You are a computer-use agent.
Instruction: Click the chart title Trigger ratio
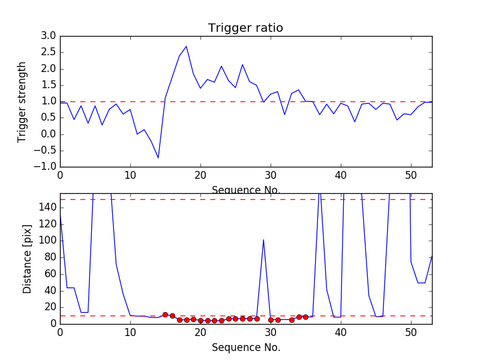point(245,28)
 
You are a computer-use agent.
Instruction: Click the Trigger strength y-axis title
point(22,101)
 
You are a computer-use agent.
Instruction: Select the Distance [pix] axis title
point(28,259)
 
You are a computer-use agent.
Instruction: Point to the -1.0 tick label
point(46,166)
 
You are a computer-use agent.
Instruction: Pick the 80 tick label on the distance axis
point(50,257)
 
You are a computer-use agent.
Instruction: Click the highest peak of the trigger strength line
point(186,46)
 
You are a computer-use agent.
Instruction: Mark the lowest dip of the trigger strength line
point(158,158)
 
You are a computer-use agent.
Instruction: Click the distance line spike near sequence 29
point(263,240)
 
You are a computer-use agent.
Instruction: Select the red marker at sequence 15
point(165,314)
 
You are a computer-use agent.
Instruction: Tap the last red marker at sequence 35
point(305,317)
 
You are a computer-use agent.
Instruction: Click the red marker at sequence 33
point(292,320)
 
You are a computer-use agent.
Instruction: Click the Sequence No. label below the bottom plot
point(245,347)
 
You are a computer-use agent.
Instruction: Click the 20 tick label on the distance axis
point(50,307)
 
